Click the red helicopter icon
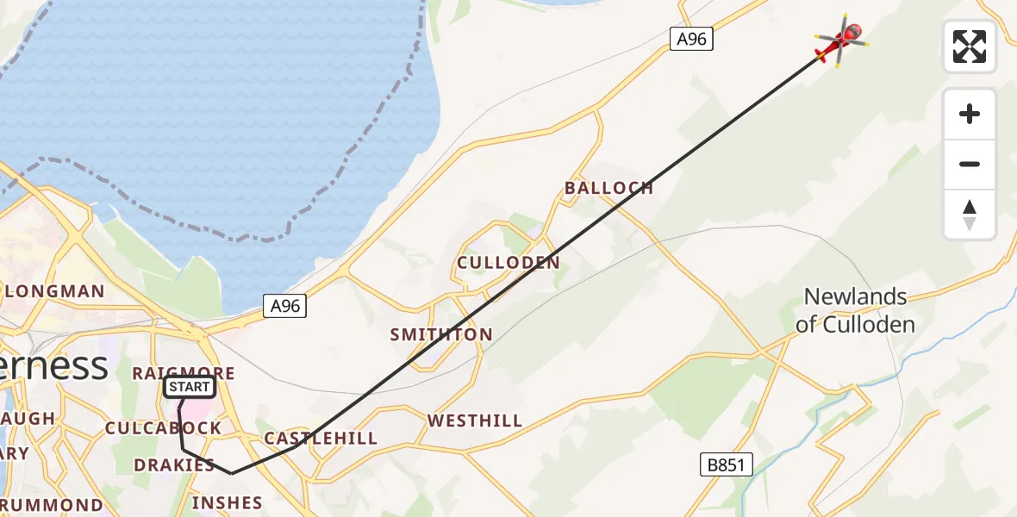(840, 40)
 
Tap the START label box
(190, 387)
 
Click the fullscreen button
(970, 47)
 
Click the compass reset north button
(970, 215)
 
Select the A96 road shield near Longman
(284, 307)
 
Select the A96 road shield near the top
(692, 39)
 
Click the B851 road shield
(725, 465)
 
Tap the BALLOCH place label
(608, 188)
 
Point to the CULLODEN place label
(508, 263)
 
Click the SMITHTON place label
(441, 334)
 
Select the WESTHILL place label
(475, 420)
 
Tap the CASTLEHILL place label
(321, 438)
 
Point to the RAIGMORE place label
(183, 372)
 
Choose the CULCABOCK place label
(163, 428)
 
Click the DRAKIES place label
(174, 465)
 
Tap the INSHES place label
(227, 502)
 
